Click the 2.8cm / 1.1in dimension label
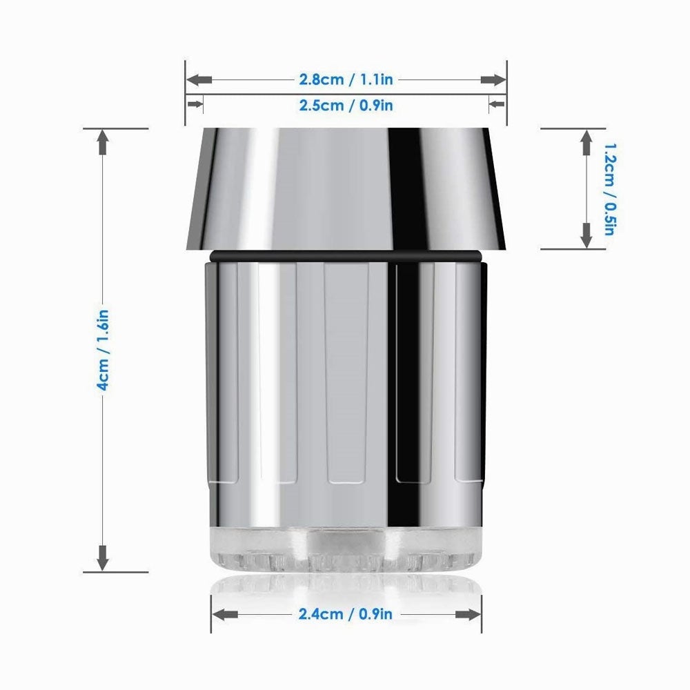tap(346, 79)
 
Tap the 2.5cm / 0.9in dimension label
tap(346, 105)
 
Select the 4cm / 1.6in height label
tap(103, 351)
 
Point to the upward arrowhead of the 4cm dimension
tap(103, 142)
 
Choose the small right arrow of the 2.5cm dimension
tap(496, 105)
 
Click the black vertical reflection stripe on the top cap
tap(406, 186)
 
